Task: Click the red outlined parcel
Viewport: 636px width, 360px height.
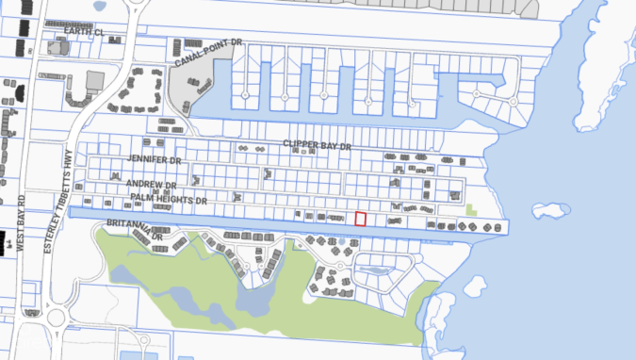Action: click(360, 219)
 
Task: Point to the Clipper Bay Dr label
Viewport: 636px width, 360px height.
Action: click(317, 146)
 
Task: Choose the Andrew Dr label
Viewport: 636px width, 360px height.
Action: click(152, 185)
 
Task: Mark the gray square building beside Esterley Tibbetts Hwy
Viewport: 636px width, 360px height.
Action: click(95, 80)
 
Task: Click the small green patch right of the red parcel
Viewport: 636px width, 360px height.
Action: click(470, 208)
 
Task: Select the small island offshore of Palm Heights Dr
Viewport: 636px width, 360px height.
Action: click(550, 209)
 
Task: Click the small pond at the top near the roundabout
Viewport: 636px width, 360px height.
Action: click(99, 8)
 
